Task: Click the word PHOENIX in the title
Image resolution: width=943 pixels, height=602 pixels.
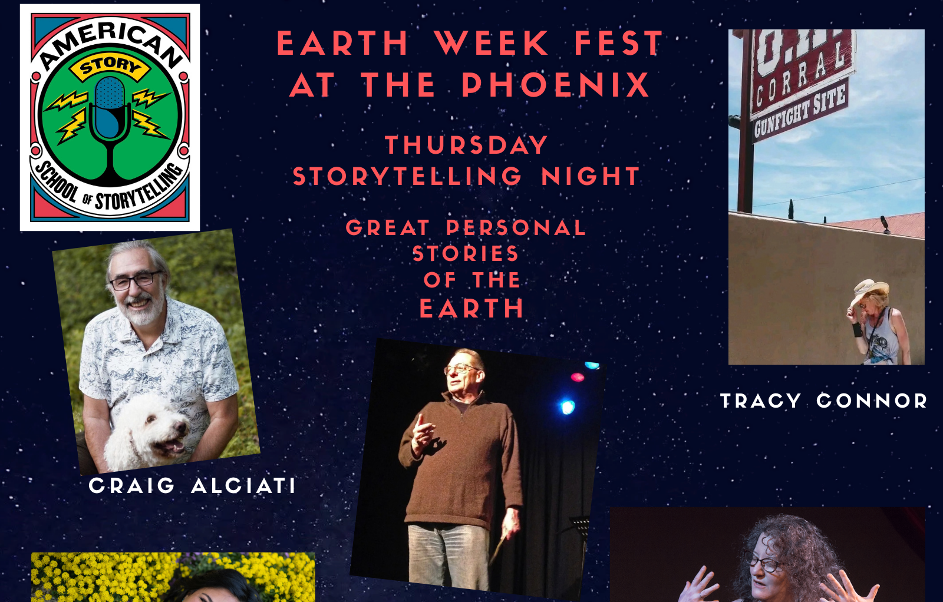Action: click(x=556, y=85)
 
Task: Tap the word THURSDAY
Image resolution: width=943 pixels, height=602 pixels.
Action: click(x=466, y=145)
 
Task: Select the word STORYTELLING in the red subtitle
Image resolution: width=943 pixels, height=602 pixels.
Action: click(x=407, y=176)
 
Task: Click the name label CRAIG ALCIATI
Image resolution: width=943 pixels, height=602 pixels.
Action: click(x=192, y=485)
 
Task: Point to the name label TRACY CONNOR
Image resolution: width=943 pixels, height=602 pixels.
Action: click(x=824, y=401)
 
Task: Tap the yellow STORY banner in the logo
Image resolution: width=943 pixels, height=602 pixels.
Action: click(x=110, y=67)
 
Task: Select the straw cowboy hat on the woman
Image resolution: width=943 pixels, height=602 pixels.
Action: click(x=870, y=291)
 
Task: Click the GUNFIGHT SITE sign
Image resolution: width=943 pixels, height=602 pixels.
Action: click(x=799, y=111)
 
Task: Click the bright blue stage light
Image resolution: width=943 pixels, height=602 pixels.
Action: click(x=567, y=407)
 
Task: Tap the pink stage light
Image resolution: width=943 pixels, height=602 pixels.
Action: click(x=577, y=377)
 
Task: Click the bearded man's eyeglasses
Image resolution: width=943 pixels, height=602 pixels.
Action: click(x=136, y=280)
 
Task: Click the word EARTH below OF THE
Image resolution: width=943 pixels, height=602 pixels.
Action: click(x=471, y=308)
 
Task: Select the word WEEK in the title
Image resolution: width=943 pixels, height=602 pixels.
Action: click(x=492, y=43)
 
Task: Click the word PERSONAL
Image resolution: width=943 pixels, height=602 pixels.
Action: click(x=516, y=228)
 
